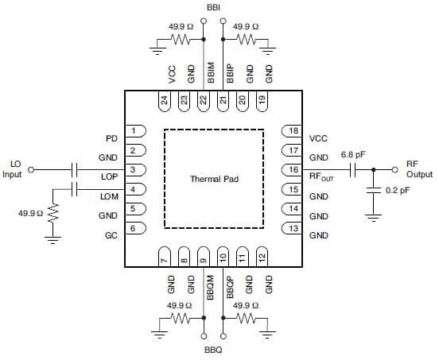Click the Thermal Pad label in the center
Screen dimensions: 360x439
[213, 180]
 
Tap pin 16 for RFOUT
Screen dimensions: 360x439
[293, 169]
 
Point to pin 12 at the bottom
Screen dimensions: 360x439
[262, 257]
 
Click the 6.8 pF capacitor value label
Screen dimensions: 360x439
[353, 155]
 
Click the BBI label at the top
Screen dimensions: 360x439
[213, 7]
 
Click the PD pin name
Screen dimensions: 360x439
[111, 138]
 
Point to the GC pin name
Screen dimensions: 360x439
[111, 236]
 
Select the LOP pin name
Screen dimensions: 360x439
[109, 176]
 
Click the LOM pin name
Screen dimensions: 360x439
[109, 196]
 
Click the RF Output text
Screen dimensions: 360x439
[417, 168]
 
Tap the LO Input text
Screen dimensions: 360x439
[14, 168]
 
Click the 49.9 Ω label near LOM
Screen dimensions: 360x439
[29, 213]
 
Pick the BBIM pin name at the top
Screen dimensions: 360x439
[211, 73]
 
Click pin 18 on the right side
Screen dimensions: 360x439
[293, 130]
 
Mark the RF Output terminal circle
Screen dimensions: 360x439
[395, 169]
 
